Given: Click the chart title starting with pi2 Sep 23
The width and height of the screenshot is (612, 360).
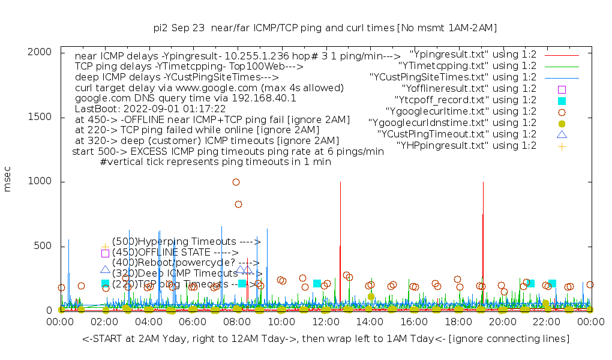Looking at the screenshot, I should [x=325, y=28].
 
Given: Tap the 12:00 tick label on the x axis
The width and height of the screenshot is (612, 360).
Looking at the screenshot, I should [x=325, y=322].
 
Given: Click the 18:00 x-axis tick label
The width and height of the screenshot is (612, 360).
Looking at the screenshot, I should [x=458, y=322].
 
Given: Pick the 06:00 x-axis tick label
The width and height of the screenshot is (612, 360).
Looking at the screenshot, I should [x=193, y=322].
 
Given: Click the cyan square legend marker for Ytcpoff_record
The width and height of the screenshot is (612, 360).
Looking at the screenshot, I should [x=562, y=100].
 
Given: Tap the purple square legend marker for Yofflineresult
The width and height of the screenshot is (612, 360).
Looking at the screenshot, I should [x=562, y=89].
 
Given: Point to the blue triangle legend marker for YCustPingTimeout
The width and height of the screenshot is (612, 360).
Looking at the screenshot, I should [x=562, y=134].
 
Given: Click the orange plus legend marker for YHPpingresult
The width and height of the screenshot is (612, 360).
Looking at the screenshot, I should [x=562, y=146].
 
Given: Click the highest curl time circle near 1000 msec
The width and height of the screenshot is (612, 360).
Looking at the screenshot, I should [x=236, y=182].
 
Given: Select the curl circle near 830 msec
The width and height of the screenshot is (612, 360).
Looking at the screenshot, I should [x=238, y=204].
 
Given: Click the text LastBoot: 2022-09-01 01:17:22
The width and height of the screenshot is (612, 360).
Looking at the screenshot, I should [x=150, y=109].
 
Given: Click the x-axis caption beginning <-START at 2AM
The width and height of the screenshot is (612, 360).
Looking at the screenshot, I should [x=326, y=339].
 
